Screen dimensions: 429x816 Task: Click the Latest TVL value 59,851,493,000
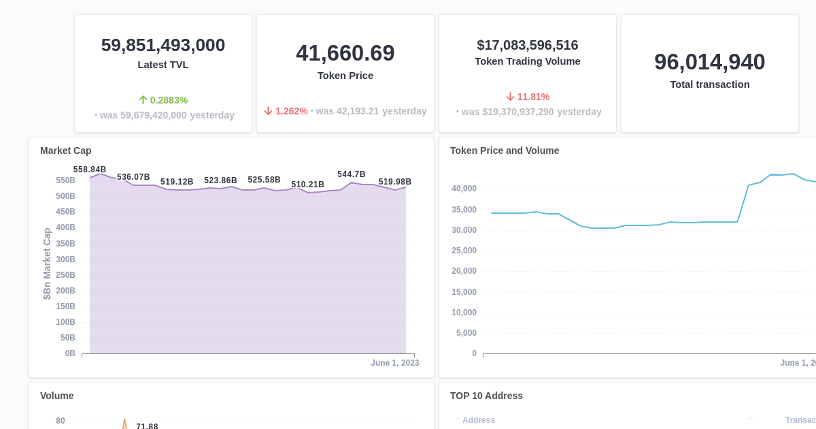163,46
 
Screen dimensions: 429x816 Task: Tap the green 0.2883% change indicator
163,100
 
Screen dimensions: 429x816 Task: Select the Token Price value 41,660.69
345,53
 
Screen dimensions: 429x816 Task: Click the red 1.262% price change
286,111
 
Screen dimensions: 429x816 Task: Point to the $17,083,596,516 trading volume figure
528,46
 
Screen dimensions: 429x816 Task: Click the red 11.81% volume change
528,97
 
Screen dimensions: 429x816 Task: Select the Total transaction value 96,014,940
710,62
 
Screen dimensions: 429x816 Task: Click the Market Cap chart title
66,150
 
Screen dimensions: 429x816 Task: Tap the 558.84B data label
90,170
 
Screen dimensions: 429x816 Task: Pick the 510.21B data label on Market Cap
308,185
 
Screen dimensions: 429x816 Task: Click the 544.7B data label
352,174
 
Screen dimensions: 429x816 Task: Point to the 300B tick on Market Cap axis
66,259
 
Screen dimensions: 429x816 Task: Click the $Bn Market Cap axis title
47,264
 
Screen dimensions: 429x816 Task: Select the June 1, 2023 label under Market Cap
395,363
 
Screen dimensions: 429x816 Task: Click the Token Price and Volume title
505,150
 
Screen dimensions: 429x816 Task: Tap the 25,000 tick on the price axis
464,251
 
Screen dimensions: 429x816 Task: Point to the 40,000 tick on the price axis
464,189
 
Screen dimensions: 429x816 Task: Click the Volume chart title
57,396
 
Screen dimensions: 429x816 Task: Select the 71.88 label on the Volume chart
147,426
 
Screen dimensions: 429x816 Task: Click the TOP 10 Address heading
486,396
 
